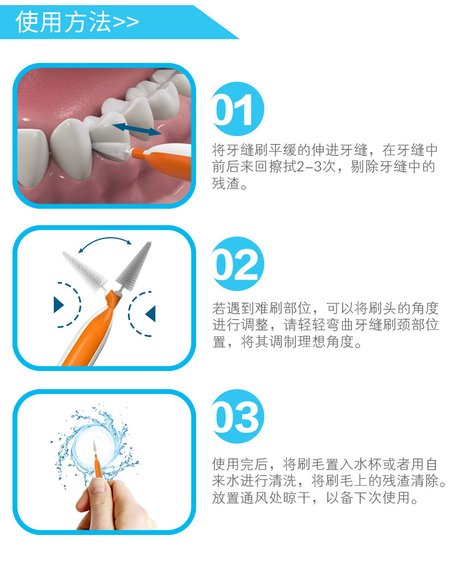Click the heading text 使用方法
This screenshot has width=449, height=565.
tap(63, 22)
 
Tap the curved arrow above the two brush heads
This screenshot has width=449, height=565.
tap(105, 244)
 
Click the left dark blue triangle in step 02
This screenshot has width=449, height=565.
tap(59, 304)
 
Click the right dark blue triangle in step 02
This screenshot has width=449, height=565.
tap(151, 313)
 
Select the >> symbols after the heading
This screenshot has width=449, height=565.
tap(126, 23)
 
